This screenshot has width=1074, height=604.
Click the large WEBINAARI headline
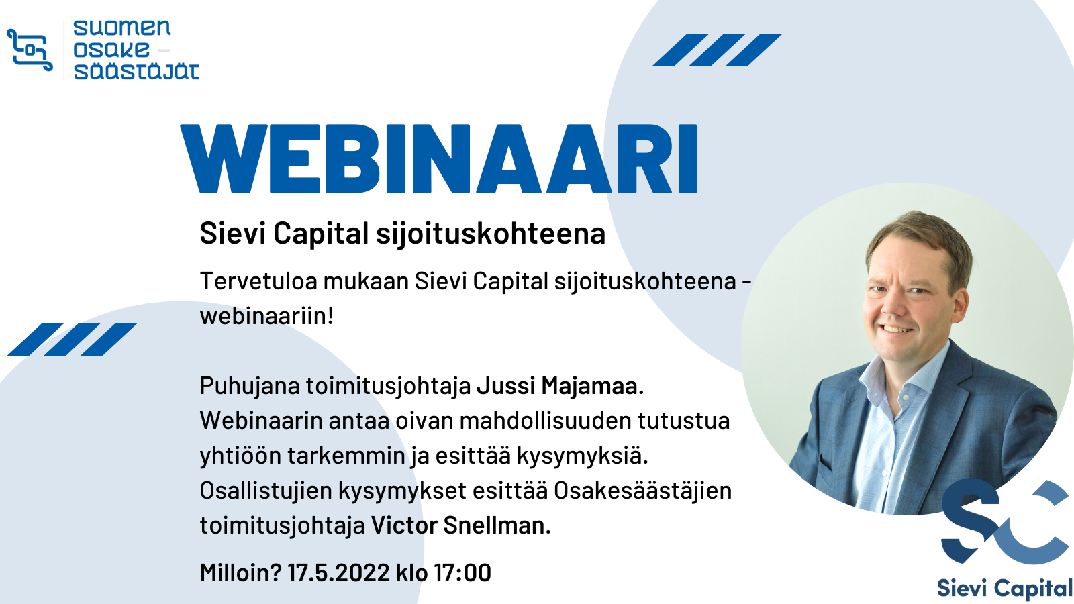[x=439, y=158]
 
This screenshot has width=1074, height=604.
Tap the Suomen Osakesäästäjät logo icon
[x=30, y=50]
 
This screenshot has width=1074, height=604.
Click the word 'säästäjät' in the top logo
[x=137, y=71]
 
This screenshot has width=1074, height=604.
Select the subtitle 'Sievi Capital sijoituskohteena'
[x=402, y=234]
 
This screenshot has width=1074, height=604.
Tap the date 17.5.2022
[x=338, y=573]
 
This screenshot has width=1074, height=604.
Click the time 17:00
[x=462, y=573]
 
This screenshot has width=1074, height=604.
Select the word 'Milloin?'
[x=240, y=573]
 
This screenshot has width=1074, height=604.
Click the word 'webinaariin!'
[x=266, y=316]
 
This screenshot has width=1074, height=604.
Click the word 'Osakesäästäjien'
[x=643, y=491]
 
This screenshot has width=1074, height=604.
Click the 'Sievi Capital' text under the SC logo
[x=1004, y=589]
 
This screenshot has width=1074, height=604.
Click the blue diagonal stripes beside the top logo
[x=718, y=50]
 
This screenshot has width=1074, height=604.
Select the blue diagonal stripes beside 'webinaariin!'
[x=72, y=340]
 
